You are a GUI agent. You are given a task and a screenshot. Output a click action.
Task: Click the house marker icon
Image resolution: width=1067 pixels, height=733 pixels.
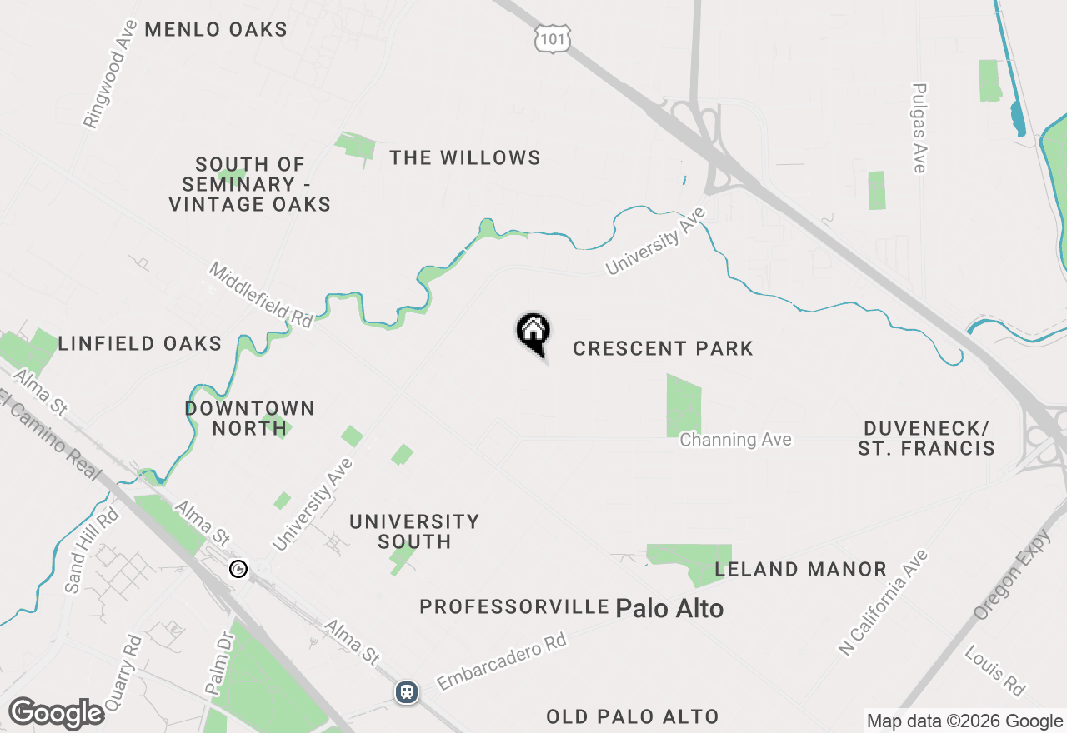(533, 332)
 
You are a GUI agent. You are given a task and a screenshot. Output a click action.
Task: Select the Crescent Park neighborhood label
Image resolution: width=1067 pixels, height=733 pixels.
(663, 348)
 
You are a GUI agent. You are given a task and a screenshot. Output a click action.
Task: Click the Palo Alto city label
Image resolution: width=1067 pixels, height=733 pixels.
(669, 609)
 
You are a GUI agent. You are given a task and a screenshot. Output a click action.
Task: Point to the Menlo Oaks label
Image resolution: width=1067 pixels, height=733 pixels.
(216, 30)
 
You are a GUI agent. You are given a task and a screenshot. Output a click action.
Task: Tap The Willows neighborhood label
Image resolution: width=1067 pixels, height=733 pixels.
(465, 157)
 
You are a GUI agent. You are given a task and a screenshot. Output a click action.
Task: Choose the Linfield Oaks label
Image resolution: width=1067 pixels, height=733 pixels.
(140, 343)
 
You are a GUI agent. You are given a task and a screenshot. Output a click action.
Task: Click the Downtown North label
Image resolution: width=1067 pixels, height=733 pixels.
(249, 418)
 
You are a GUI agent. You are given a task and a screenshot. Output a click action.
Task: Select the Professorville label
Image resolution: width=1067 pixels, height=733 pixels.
(514, 607)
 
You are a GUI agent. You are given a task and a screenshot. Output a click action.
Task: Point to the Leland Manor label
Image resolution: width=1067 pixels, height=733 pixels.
(800, 570)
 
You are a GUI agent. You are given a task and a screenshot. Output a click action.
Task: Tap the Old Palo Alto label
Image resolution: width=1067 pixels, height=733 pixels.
(633, 716)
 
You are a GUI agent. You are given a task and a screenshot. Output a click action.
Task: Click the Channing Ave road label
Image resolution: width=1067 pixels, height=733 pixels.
(735, 440)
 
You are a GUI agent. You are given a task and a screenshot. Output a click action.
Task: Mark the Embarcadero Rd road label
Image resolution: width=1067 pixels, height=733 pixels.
(501, 662)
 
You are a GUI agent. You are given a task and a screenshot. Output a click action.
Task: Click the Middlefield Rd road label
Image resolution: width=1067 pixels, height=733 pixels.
(260, 294)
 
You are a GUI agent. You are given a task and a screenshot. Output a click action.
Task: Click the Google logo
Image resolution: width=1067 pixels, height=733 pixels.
(56, 714)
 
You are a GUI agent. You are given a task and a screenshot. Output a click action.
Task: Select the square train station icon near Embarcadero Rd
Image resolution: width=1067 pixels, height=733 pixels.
(407, 692)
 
